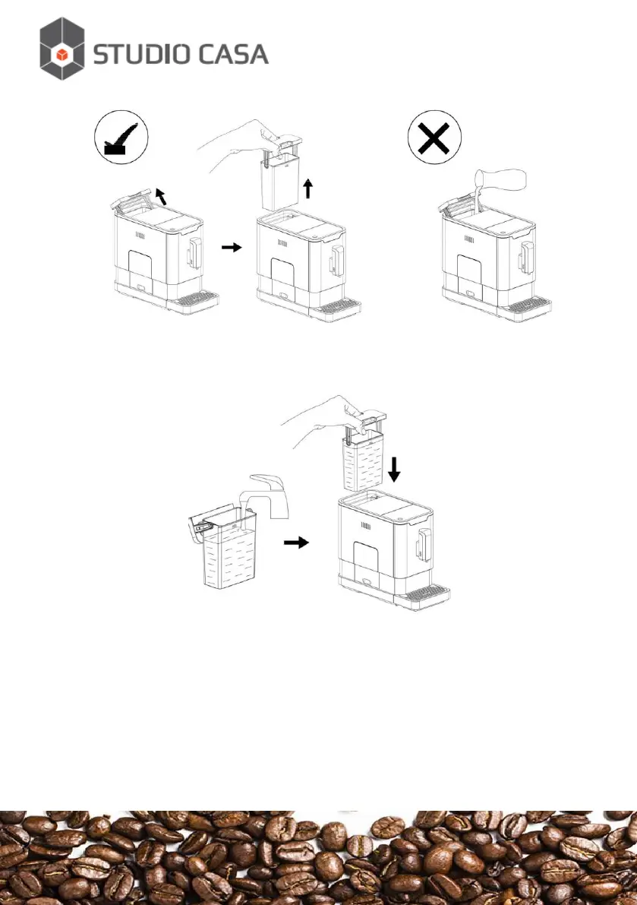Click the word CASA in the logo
pyautogui.click(x=232, y=54)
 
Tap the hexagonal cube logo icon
pyautogui.click(x=63, y=49)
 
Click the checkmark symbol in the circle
pyautogui.click(x=121, y=139)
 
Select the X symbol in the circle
pyautogui.click(x=435, y=141)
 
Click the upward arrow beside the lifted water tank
pyautogui.click(x=307, y=188)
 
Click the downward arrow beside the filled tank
pyautogui.click(x=393, y=473)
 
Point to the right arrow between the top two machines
pyautogui.click(x=232, y=247)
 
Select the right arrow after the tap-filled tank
pyautogui.click(x=297, y=543)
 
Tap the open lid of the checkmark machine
pyautogui.click(x=129, y=200)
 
